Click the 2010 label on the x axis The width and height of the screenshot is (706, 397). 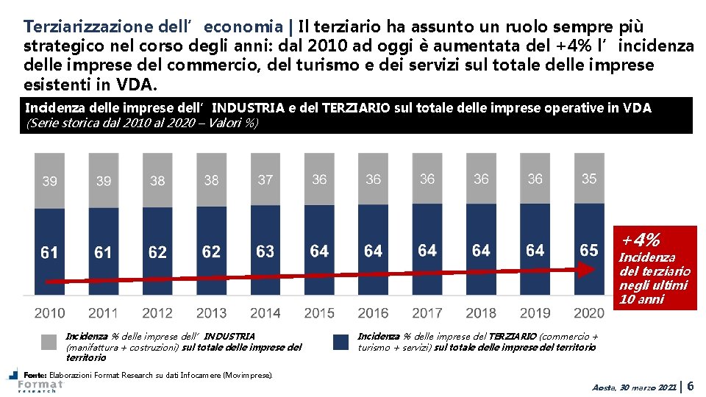pyautogui.click(x=49, y=312)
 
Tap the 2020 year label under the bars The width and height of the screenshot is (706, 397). pyautogui.click(x=588, y=312)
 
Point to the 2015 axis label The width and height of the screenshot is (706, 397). pyautogui.click(x=319, y=312)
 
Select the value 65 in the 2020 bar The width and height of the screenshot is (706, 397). pyautogui.click(x=589, y=250)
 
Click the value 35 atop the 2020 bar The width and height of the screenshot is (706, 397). pyautogui.click(x=589, y=179)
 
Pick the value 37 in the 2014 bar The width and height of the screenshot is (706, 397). pyautogui.click(x=265, y=179)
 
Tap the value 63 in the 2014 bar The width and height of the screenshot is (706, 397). pyautogui.click(x=265, y=251)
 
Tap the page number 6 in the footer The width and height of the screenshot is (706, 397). pyautogui.click(x=691, y=385)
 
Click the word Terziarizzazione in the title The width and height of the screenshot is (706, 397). pyautogui.click(x=88, y=26)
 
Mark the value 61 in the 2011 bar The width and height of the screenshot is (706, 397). pyautogui.click(x=103, y=253)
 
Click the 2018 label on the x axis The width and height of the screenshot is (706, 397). pyautogui.click(x=481, y=312)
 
